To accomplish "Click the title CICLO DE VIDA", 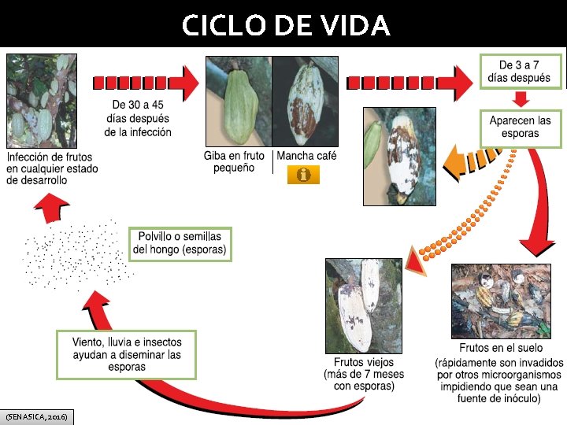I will tap(285, 26).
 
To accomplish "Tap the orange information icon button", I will tap(303, 175).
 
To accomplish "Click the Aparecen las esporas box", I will tap(520, 127).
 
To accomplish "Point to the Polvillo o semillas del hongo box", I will tap(180, 244).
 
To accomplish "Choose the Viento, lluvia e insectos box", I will tap(126, 354).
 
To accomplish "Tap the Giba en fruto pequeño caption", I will tap(234, 161).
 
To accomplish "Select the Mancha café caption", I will tap(306, 156).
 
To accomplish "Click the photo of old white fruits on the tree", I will tap(364, 305).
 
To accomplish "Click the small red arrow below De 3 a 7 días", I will tap(521, 100).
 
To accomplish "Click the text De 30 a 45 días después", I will tap(138, 119).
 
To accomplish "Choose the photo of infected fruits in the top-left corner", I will tap(42, 101).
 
